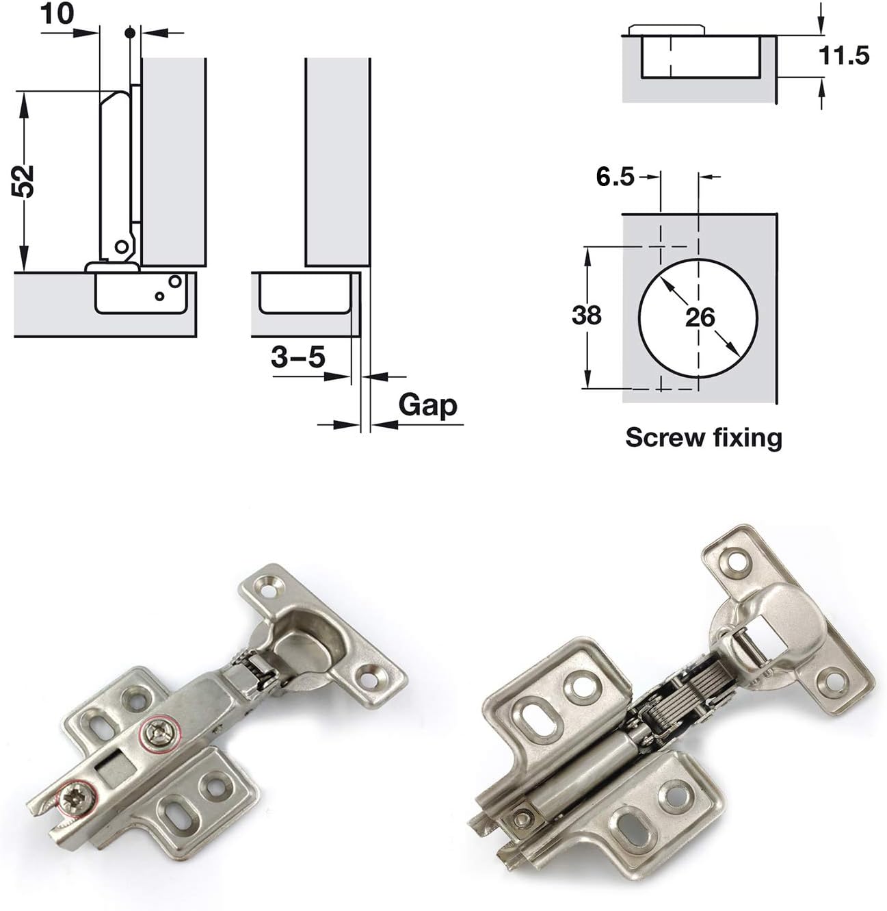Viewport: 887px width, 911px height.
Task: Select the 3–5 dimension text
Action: tap(297, 357)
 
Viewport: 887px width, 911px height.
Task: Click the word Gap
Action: tap(427, 405)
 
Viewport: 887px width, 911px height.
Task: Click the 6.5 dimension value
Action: tap(615, 177)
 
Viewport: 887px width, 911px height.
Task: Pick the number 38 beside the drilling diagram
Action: tap(586, 315)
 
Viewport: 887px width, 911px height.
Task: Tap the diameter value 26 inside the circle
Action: tap(699, 317)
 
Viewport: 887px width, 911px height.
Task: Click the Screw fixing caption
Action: tap(703, 437)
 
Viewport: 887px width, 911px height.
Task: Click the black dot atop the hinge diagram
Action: tap(129, 31)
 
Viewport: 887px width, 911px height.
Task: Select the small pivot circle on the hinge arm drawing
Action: tap(121, 246)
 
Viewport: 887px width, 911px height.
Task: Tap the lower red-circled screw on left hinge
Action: tap(74, 799)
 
